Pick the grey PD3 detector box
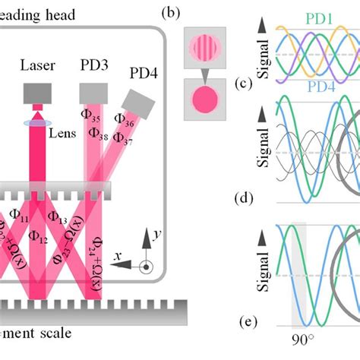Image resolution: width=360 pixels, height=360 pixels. point(94,93)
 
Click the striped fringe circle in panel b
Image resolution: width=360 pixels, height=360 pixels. point(201,47)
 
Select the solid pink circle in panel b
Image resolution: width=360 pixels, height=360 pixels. point(201,101)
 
